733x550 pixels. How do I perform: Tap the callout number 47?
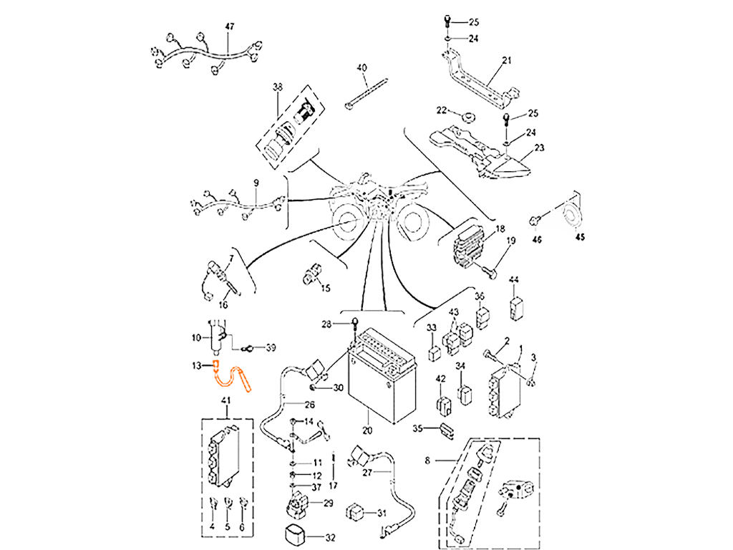coord(230,27)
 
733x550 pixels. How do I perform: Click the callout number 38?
coord(278,87)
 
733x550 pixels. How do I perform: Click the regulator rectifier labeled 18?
coord(469,246)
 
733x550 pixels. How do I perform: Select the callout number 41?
coord(225,400)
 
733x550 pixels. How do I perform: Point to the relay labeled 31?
coord(354,512)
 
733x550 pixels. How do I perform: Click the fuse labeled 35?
coord(447,430)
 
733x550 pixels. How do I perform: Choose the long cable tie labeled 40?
coord(366,95)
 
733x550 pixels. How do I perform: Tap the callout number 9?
coord(256,183)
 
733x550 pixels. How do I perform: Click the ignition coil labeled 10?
coord(217,337)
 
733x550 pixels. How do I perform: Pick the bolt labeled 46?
coord(535,221)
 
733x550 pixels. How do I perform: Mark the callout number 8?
coord(427,460)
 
